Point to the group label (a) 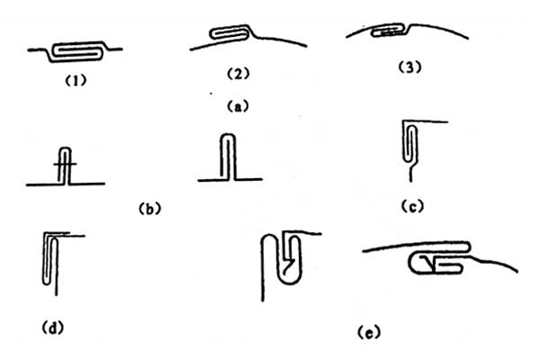pyautogui.click(x=235, y=104)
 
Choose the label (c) pyautogui.click(x=412, y=206)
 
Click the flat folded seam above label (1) pyautogui.click(x=76, y=49)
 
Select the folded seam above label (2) pyautogui.click(x=229, y=33)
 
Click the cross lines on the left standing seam pyautogui.click(x=66, y=166)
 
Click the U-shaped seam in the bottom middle pyautogui.click(x=282, y=261)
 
